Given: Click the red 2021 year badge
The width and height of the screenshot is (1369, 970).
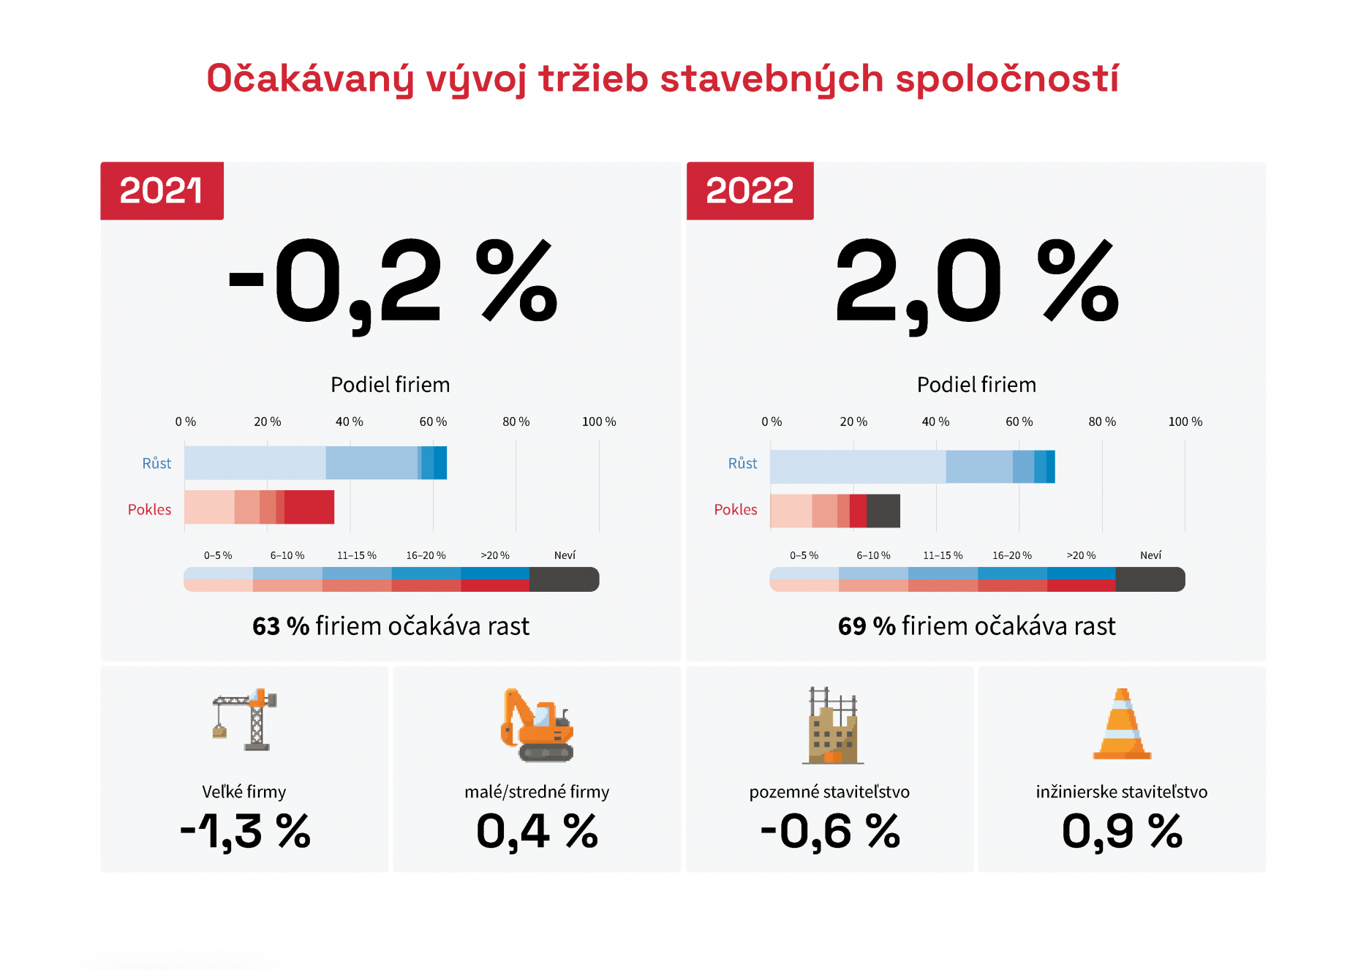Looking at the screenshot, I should tap(162, 191).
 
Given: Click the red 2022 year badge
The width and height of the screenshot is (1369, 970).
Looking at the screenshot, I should tap(750, 191).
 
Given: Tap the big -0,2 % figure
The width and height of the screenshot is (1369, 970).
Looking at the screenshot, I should tap(393, 282).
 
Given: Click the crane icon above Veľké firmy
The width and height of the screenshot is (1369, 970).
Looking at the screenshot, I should tap(245, 720).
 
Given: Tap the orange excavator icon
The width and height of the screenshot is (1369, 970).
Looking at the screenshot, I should tap(537, 726).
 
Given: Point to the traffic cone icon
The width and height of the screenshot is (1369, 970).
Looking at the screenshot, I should tap(1122, 724).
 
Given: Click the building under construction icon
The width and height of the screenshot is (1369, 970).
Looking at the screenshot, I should tap(833, 726).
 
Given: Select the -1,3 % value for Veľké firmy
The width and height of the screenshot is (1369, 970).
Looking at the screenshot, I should tap(245, 832).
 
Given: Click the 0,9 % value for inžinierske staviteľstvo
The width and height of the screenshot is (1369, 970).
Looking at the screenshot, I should tap(1122, 832).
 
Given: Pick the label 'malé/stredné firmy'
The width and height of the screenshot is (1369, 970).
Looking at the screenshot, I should tap(537, 792).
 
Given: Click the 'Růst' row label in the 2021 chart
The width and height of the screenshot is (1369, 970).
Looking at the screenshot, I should tap(156, 463).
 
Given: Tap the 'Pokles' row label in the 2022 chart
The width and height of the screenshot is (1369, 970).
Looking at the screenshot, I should tap(736, 509).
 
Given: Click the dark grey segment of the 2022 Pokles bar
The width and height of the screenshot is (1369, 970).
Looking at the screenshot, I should tap(883, 511).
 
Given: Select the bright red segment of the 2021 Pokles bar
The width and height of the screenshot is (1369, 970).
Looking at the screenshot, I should tap(309, 507).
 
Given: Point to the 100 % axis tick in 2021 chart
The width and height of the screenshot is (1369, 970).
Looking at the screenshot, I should tap(599, 422).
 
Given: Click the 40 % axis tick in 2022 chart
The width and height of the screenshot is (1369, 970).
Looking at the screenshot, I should tap(935, 422).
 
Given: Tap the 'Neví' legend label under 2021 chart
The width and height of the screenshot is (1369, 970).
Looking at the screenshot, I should tap(565, 555).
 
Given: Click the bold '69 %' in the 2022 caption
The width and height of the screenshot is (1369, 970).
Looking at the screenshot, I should tap(867, 626).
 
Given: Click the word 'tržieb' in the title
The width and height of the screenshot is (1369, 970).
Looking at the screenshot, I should tap(593, 79).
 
